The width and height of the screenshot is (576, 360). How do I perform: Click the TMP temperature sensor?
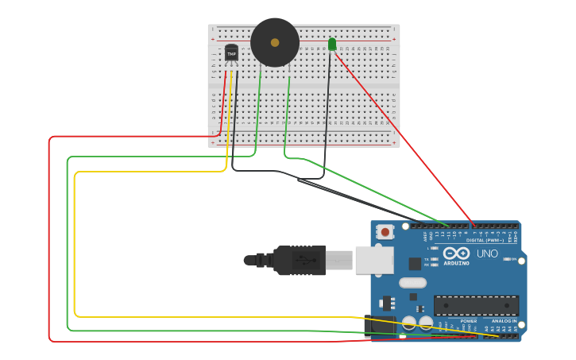231,53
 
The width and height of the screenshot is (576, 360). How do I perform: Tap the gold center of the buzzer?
275,42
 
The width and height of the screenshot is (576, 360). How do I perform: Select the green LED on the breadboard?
332,45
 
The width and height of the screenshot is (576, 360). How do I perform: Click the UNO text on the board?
487,254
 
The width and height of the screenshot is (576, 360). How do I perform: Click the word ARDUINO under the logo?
457,263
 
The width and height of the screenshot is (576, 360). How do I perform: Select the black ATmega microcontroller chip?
476,305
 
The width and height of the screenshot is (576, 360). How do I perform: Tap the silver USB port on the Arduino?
373,260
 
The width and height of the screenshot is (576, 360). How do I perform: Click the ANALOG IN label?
504,321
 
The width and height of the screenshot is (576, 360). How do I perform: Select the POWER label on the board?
469,321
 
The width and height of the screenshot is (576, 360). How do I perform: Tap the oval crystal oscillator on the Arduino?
412,282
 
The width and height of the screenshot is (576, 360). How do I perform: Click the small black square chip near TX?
415,263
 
